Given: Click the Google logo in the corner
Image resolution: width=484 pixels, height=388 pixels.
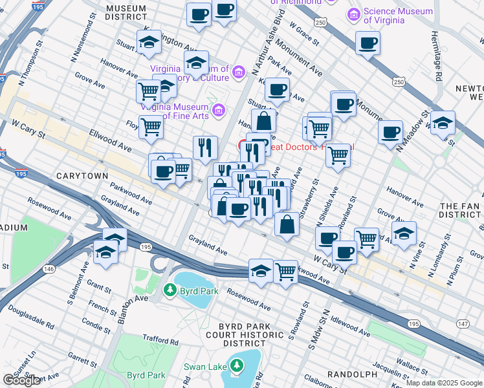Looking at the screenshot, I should [21, 380].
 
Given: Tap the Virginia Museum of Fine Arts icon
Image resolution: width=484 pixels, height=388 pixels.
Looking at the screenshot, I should [217, 111].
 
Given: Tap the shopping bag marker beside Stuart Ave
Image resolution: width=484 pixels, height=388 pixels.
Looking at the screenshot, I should [264, 121].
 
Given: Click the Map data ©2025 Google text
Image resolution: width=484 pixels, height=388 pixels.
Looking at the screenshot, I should [444, 383].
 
